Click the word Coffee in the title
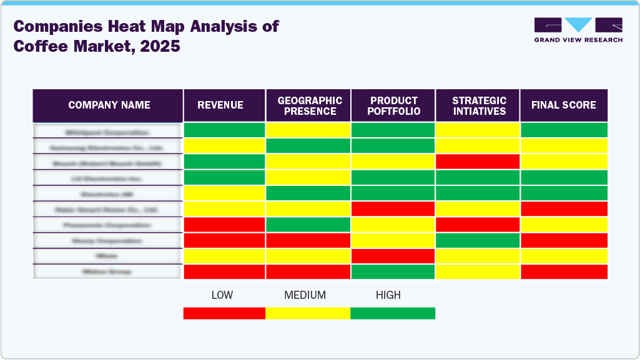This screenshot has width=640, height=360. (x=39, y=46)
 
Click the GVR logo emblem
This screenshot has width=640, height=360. (x=578, y=25)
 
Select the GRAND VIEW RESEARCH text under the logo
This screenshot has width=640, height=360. (x=578, y=40)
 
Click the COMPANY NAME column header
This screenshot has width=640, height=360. (x=109, y=105)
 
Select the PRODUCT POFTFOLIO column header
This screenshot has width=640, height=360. (x=393, y=105)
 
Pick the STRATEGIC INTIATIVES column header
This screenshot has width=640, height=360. (x=478, y=105)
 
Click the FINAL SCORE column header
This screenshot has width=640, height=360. (x=563, y=105)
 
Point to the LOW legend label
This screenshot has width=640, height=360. (x=222, y=295)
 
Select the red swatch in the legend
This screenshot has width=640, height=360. (x=224, y=313)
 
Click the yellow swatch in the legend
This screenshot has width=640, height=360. (x=308, y=313)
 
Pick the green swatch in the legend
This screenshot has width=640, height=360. (x=393, y=313)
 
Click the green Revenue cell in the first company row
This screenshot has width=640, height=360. (x=224, y=130)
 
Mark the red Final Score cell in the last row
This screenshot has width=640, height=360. (x=564, y=272)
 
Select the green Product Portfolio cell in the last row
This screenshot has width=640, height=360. (x=393, y=272)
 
